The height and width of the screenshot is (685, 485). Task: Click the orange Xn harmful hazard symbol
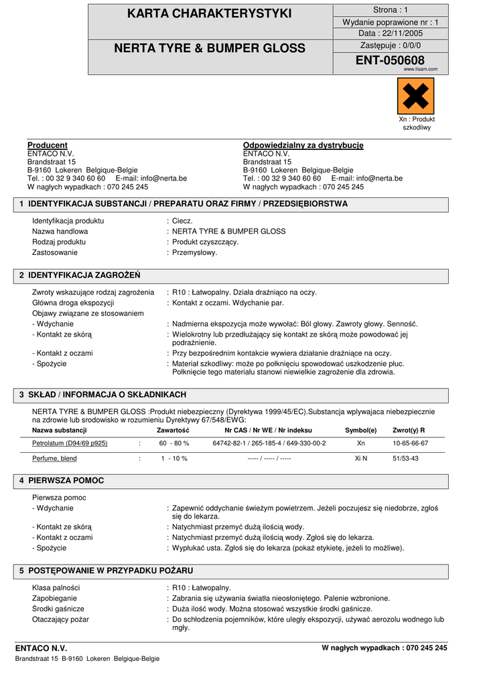pyautogui.click(x=415, y=96)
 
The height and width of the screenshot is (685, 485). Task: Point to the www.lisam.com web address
pyautogui.click(x=420, y=69)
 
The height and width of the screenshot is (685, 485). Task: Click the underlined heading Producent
pyautogui.click(x=47, y=145)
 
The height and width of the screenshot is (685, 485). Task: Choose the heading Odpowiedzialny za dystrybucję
pyautogui.click(x=303, y=145)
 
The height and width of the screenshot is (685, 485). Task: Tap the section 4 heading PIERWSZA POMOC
pyautogui.click(x=66, y=481)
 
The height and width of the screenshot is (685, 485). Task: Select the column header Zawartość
pyautogui.click(x=173, y=430)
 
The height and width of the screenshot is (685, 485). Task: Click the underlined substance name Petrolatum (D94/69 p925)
pyautogui.click(x=70, y=443)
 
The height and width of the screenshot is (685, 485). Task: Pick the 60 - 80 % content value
pyautogui.click(x=174, y=443)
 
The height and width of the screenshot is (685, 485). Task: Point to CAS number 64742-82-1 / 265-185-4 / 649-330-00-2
pyautogui.click(x=269, y=443)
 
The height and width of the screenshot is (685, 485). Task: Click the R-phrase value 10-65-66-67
pyautogui.click(x=410, y=443)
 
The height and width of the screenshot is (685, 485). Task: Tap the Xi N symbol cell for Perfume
pyautogui.click(x=360, y=459)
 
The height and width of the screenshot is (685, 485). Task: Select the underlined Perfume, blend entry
pyautogui.click(x=54, y=459)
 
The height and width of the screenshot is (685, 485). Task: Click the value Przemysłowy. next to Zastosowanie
pyautogui.click(x=194, y=252)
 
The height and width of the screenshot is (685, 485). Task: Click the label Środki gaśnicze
pyautogui.click(x=58, y=609)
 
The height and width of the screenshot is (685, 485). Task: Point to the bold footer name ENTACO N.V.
pyautogui.click(x=41, y=648)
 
